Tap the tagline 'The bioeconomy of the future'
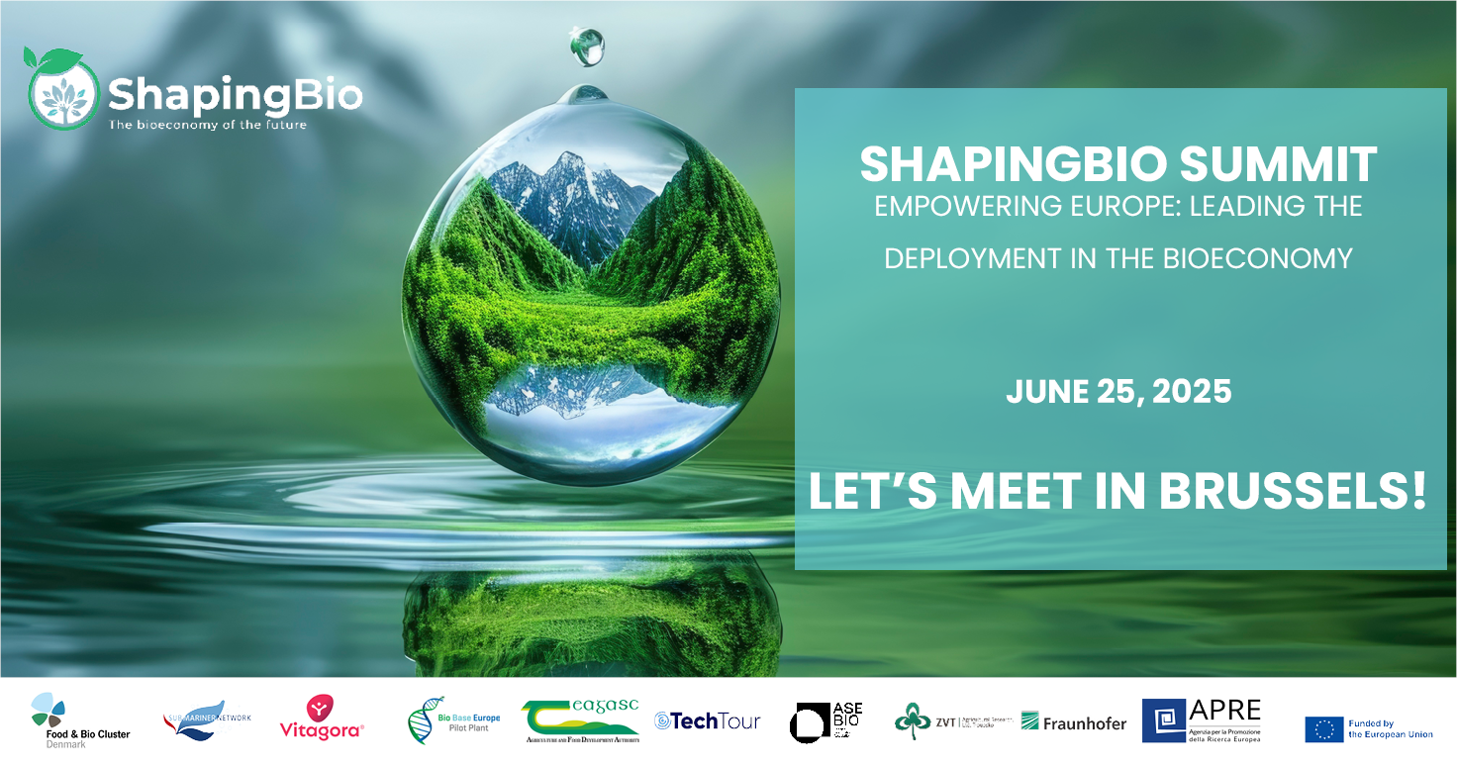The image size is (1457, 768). (x=207, y=125)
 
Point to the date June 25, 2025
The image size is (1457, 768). (x=1118, y=391)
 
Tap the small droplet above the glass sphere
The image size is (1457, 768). (x=587, y=47)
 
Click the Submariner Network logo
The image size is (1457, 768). (x=207, y=720)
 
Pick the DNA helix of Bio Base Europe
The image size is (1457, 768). (x=421, y=720)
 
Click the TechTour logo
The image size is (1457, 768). (x=707, y=720)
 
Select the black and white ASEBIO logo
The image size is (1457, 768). (x=826, y=720)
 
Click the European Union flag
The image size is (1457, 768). (x=1323, y=728)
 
